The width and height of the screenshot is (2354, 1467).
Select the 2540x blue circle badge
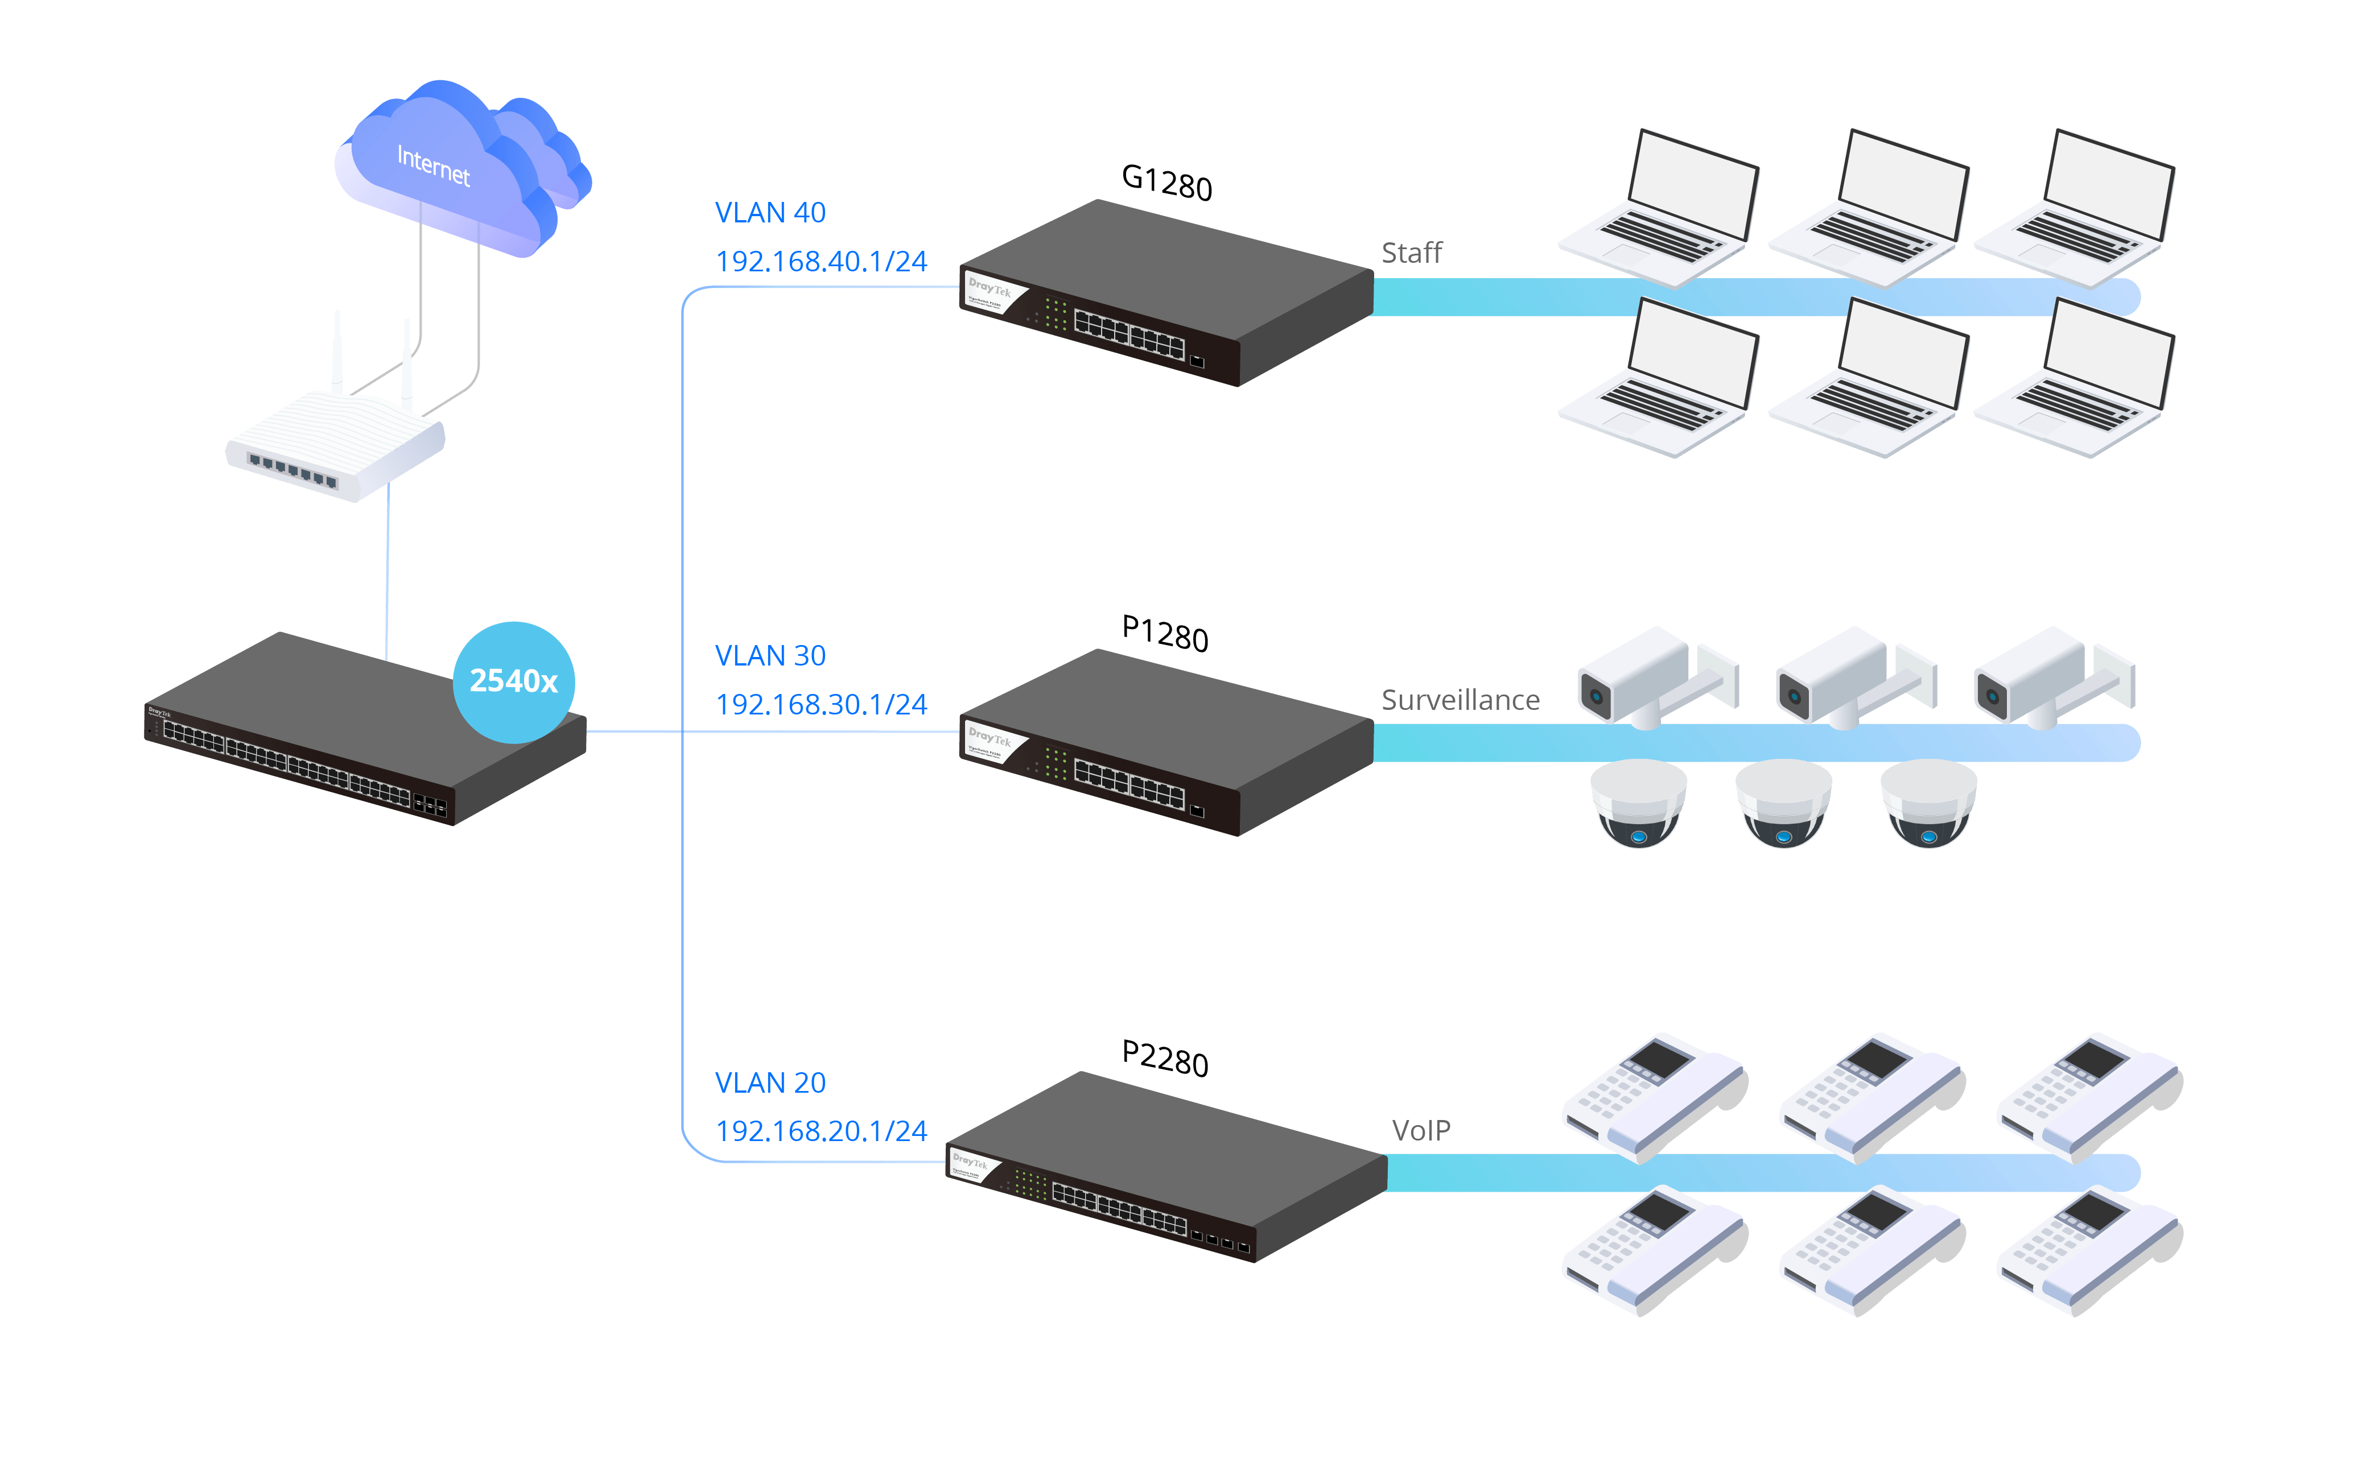pyautogui.click(x=513, y=682)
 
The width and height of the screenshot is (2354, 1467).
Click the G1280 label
pyautogui.click(x=1166, y=183)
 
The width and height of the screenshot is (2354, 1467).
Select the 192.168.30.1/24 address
pyautogui.click(x=821, y=704)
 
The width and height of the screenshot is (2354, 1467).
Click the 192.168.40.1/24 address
pyautogui.click(x=821, y=261)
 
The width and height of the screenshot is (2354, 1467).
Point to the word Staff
pyautogui.click(x=1412, y=253)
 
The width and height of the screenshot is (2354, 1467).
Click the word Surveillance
pyautogui.click(x=1460, y=700)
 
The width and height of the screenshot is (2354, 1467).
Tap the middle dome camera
pyautogui.click(x=1783, y=803)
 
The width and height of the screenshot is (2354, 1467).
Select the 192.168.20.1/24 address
pyautogui.click(x=821, y=1130)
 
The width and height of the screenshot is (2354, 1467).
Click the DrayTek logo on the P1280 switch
pyautogui.click(x=989, y=738)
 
